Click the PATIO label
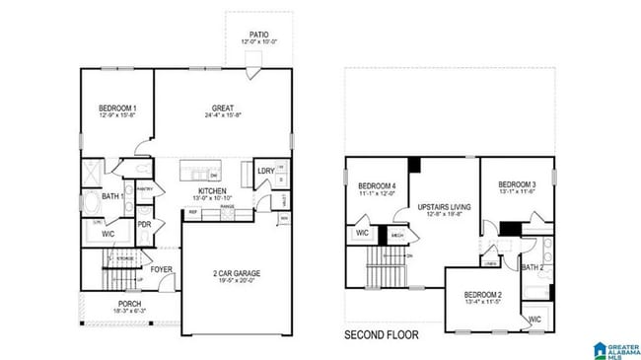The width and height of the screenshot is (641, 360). tap(258, 35)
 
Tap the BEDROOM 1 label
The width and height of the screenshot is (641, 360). tap(117, 108)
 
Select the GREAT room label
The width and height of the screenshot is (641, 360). tap(223, 108)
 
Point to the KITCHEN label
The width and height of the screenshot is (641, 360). tap(214, 191)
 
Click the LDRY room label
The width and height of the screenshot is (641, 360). tap(265, 171)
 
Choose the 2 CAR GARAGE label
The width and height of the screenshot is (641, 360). tap(237, 273)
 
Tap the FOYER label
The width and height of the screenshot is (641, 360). tap(162, 268)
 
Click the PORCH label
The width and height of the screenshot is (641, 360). tap(129, 304)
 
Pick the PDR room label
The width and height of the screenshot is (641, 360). tap(144, 224)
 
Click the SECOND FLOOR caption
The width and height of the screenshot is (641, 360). tap(381, 335)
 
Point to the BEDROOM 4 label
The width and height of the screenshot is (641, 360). tap(377, 186)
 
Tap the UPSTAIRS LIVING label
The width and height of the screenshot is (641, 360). tap(444, 207)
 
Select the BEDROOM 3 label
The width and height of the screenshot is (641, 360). tap(517, 184)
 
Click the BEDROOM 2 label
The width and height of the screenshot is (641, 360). tap(483, 295)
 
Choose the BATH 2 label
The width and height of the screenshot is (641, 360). tap(534, 267)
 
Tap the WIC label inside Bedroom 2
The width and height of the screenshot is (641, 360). tap(534, 320)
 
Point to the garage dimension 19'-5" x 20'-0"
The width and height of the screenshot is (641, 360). tap(237, 281)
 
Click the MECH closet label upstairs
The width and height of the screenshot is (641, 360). tap(398, 236)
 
